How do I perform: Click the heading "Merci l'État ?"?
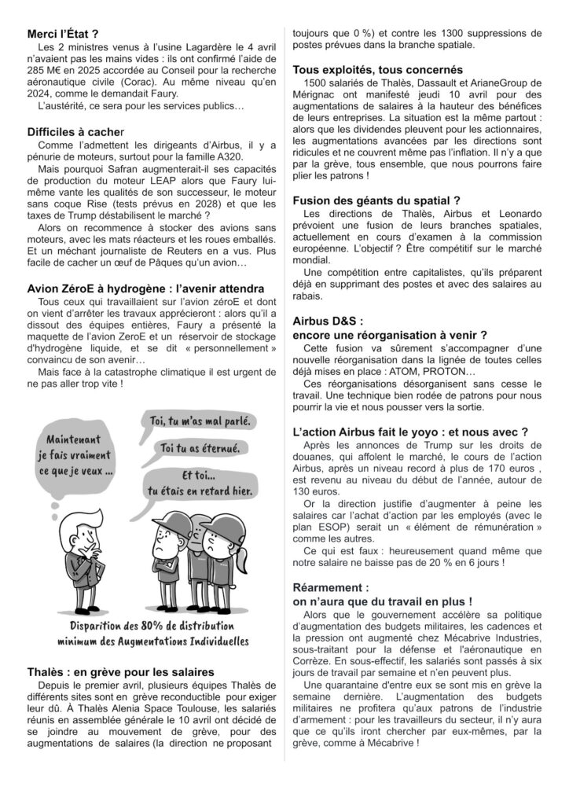coord(63,34)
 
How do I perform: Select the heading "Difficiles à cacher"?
coord(75,133)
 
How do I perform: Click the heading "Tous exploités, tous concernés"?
coord(376,69)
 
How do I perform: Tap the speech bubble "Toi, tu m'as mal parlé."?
coord(200,421)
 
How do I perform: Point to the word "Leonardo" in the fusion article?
coord(518,214)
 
